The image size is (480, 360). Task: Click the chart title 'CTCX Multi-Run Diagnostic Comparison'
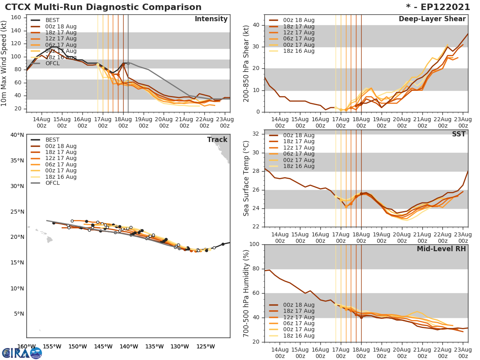[103, 7]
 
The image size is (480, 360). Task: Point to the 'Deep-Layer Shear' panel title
[432, 19]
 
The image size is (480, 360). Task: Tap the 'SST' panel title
[459, 134]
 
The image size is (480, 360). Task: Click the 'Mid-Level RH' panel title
[441, 249]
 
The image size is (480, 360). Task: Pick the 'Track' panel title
[217, 140]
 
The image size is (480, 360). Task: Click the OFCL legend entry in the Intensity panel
[52, 63]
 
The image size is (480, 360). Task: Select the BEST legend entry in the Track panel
[52, 140]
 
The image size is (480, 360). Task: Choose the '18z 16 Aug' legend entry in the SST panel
[298, 166]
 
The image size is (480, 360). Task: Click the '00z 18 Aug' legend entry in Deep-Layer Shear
[298, 20]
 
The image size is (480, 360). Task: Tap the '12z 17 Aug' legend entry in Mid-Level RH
[298, 317]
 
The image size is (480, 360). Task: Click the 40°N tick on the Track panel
[17, 135]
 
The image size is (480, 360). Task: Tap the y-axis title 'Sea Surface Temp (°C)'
[246, 178]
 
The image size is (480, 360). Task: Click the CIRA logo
[22, 353]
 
